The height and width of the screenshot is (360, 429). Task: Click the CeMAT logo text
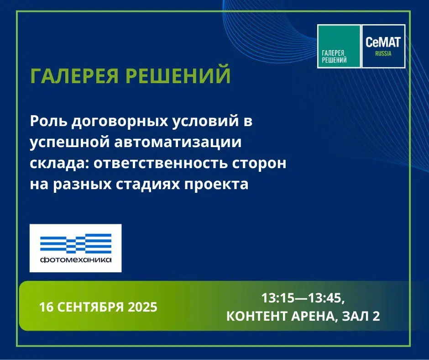[x=383, y=42]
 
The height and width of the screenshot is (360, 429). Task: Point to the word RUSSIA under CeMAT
[x=383, y=54]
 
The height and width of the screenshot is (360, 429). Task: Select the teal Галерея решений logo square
[x=339, y=46]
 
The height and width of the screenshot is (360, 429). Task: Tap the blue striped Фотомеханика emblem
[x=76, y=244]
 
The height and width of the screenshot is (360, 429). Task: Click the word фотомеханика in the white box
[x=76, y=259]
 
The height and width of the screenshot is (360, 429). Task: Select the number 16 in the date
[x=47, y=307]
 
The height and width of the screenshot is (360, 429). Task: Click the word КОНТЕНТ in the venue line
[x=256, y=316]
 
